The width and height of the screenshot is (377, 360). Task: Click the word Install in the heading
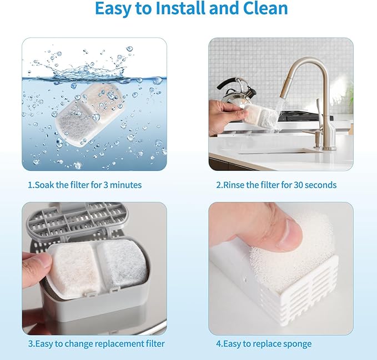[x=184, y=9]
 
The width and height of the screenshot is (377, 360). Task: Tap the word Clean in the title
[x=263, y=9]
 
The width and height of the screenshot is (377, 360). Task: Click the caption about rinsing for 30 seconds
[x=276, y=185]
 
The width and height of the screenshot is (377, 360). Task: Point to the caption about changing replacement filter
[x=96, y=344]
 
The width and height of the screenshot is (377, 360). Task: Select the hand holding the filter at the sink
[x=225, y=116]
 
